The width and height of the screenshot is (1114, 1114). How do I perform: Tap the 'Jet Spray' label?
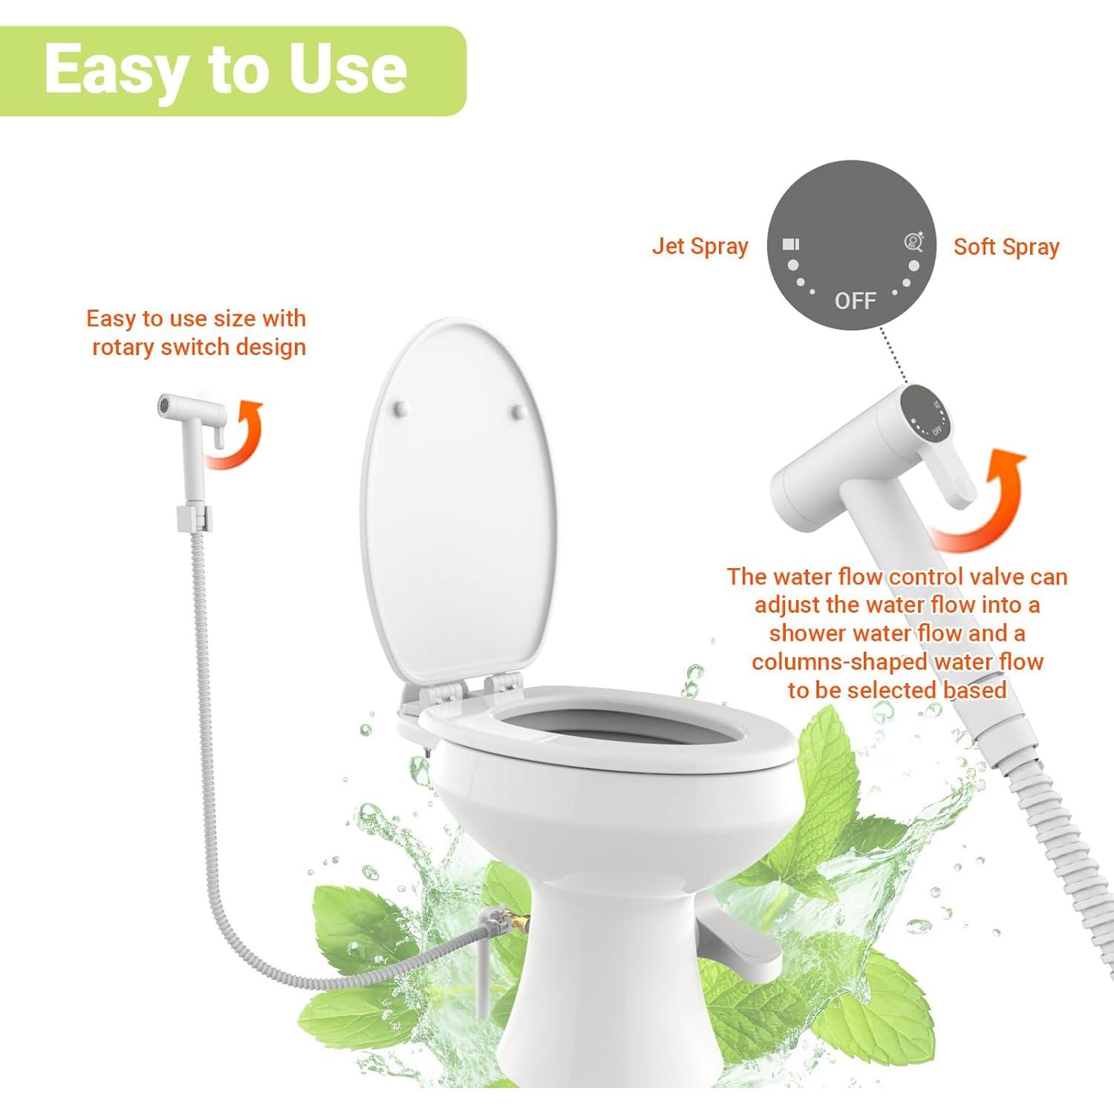click(x=700, y=246)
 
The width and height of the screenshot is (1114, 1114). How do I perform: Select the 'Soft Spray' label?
click(x=1006, y=247)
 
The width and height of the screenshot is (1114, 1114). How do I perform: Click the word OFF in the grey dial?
click(x=855, y=301)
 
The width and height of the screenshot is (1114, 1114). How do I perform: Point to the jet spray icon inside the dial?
click(x=791, y=244)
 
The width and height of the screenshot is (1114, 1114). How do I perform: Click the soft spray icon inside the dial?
click(x=913, y=242)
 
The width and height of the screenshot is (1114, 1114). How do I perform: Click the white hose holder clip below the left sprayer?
click(x=194, y=518)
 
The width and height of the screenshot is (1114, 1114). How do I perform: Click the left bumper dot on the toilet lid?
click(x=402, y=408)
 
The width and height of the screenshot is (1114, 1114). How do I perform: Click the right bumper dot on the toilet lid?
click(x=520, y=411)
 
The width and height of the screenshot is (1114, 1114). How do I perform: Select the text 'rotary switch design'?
click(x=198, y=347)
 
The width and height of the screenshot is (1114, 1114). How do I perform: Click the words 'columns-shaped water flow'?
click(x=897, y=662)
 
